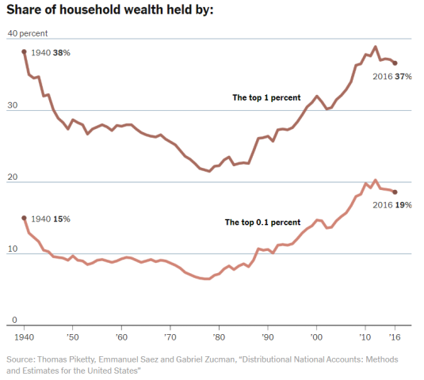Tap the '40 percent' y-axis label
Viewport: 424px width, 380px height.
pyautogui.click(x=27, y=33)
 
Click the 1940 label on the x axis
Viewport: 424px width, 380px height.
pyautogui.click(x=24, y=336)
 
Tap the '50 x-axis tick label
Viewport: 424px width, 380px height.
pyautogui.click(x=73, y=336)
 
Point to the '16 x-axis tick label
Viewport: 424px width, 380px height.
pyautogui.click(x=395, y=336)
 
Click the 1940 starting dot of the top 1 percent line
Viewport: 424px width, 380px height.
pyautogui.click(x=24, y=51)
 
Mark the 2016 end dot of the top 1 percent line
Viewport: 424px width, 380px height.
pyautogui.click(x=395, y=63)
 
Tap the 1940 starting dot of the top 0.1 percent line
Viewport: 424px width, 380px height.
pyautogui.click(x=24, y=218)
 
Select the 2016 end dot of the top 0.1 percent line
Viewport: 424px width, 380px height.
pyautogui.click(x=395, y=192)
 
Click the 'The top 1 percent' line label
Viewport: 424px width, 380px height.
pyautogui.click(x=265, y=97)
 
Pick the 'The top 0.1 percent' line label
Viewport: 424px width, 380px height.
pyautogui.click(x=262, y=222)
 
